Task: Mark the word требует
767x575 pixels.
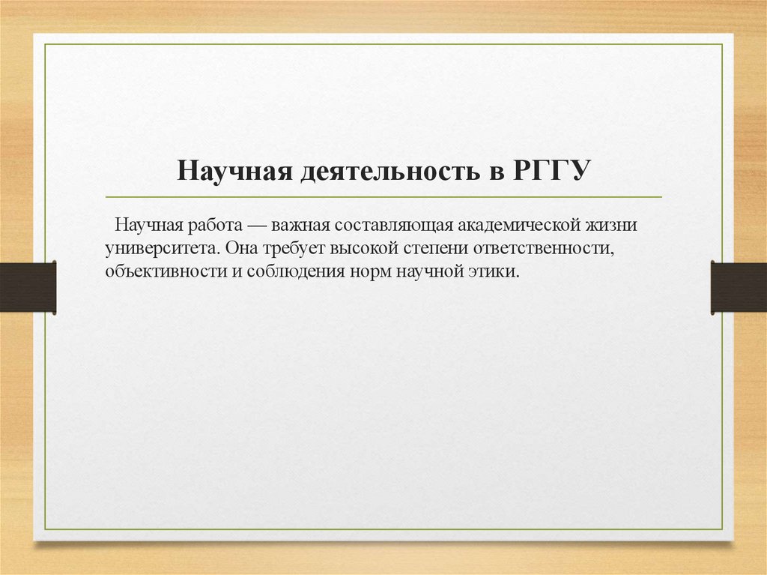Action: pyautogui.click(x=298, y=247)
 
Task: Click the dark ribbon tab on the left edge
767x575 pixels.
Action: pyautogui.click(x=28, y=287)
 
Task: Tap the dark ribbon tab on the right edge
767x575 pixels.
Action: pyautogui.click(x=739, y=287)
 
